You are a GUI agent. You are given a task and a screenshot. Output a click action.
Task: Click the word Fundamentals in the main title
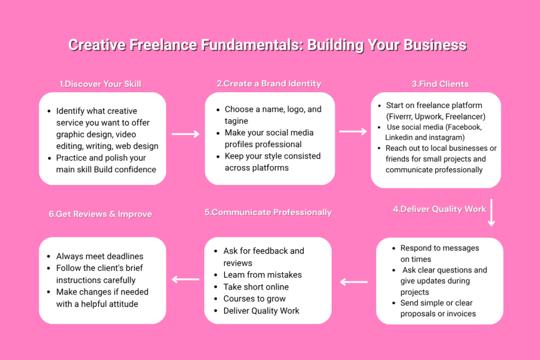click(x=252, y=45)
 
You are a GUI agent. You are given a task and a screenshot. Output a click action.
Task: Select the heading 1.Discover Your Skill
click(x=100, y=84)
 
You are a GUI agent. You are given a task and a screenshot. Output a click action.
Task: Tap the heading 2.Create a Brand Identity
click(x=269, y=84)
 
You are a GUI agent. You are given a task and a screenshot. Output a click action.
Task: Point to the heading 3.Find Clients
click(x=440, y=84)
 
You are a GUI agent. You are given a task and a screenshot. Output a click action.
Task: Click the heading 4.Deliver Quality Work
click(x=440, y=209)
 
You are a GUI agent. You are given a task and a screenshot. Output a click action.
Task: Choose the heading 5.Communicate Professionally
click(x=268, y=212)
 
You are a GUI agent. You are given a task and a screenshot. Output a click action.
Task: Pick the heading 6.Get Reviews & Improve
click(x=100, y=214)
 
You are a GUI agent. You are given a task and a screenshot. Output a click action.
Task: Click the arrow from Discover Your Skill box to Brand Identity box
click(x=186, y=134)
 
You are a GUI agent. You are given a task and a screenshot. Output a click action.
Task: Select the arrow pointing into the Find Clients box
click(x=353, y=131)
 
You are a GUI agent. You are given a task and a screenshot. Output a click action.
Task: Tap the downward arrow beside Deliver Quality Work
click(x=491, y=212)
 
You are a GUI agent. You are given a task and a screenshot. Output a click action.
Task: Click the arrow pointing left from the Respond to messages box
click(x=354, y=282)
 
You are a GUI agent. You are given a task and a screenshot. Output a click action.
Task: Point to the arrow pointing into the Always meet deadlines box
click(x=186, y=279)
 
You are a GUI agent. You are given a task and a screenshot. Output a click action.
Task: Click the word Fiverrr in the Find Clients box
click(x=400, y=116)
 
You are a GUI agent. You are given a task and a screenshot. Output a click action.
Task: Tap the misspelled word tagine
click(x=236, y=121)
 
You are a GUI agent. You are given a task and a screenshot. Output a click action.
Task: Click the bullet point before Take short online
click(x=216, y=287)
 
